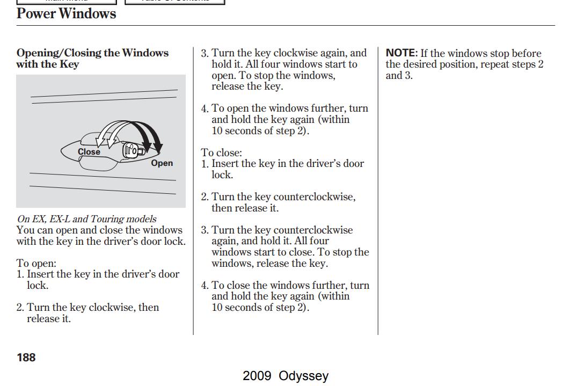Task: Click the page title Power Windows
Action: pyautogui.click(x=67, y=13)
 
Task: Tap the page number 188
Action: pyautogui.click(x=26, y=358)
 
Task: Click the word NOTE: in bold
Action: pyautogui.click(x=402, y=53)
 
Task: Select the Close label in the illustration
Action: pyautogui.click(x=89, y=151)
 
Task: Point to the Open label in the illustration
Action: pyautogui.click(x=162, y=163)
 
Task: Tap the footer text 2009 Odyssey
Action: pyautogui.click(x=286, y=376)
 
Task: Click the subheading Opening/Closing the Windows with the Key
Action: pyautogui.click(x=92, y=59)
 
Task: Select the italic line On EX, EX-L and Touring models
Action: pyautogui.click(x=87, y=219)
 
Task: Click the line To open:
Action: pyautogui.click(x=36, y=263)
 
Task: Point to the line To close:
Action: pyautogui.click(x=221, y=152)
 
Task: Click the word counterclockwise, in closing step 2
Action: pyautogui.click(x=315, y=197)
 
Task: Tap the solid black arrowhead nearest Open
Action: pyautogui.click(x=158, y=147)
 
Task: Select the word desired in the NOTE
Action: pyautogui.click(x=422, y=64)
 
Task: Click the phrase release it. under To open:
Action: pyautogui.click(x=49, y=318)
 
